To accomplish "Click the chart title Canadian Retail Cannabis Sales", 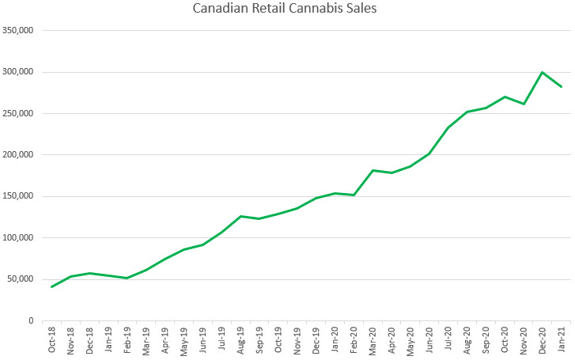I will (287, 9).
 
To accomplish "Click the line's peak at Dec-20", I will (543, 73).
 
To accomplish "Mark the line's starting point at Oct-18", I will (52, 286).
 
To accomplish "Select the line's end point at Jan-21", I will (562, 87).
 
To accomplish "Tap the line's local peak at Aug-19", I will (241, 216).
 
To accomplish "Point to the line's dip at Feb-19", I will (127, 278).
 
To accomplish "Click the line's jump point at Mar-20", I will (373, 170).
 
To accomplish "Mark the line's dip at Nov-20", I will (524, 104).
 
